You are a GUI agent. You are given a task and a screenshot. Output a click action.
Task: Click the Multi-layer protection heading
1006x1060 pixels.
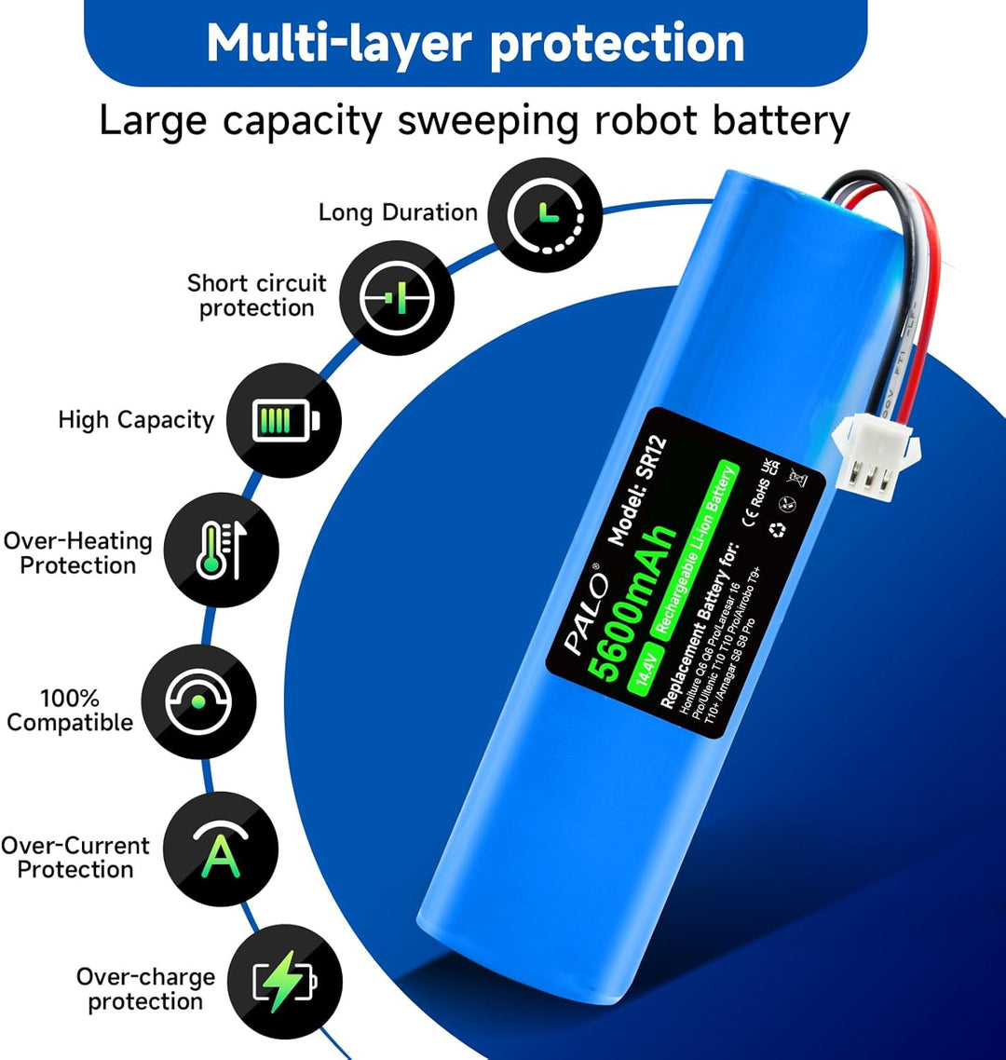475,42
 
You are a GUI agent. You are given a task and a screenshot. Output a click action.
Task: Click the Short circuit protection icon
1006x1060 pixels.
396,297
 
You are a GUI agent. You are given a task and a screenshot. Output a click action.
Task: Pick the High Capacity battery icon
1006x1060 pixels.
284,421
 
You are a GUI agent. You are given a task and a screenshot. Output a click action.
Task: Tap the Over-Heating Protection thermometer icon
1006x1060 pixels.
222,551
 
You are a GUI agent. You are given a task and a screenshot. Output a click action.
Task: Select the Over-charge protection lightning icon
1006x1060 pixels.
285,988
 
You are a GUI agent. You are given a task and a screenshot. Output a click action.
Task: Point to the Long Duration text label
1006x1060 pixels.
398,212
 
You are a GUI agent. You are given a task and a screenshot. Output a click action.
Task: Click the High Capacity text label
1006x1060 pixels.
136,420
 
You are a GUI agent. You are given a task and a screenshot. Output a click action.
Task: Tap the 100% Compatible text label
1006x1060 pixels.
70,711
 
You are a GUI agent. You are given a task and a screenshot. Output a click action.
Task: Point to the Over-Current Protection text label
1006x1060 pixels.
75,858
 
